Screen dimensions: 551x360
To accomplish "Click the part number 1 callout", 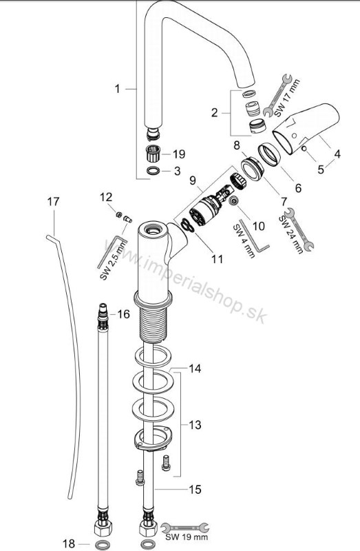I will coord(118,88).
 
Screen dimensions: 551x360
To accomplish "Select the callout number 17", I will coord(54,202).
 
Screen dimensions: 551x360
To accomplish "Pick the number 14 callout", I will coord(195,369).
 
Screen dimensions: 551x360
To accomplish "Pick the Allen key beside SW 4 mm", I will coord(260,242).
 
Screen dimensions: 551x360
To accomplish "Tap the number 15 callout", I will coord(195,490).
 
